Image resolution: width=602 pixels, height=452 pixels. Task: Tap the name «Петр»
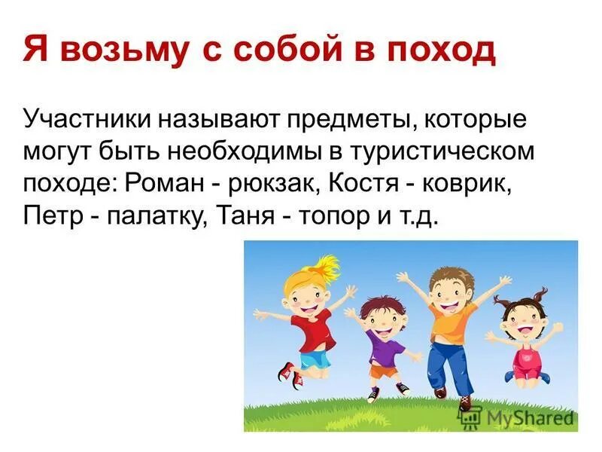(51, 215)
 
